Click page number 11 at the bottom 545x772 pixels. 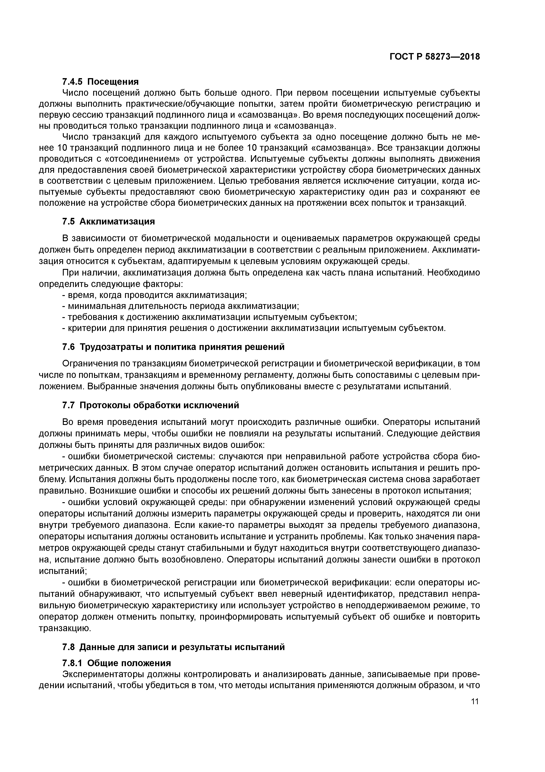475,701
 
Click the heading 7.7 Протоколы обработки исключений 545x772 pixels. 151,405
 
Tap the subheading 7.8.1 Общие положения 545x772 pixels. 116,663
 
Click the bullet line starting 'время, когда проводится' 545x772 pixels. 155,295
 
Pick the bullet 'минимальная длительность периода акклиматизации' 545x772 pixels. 181,306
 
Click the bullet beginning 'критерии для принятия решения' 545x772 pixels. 254,328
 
